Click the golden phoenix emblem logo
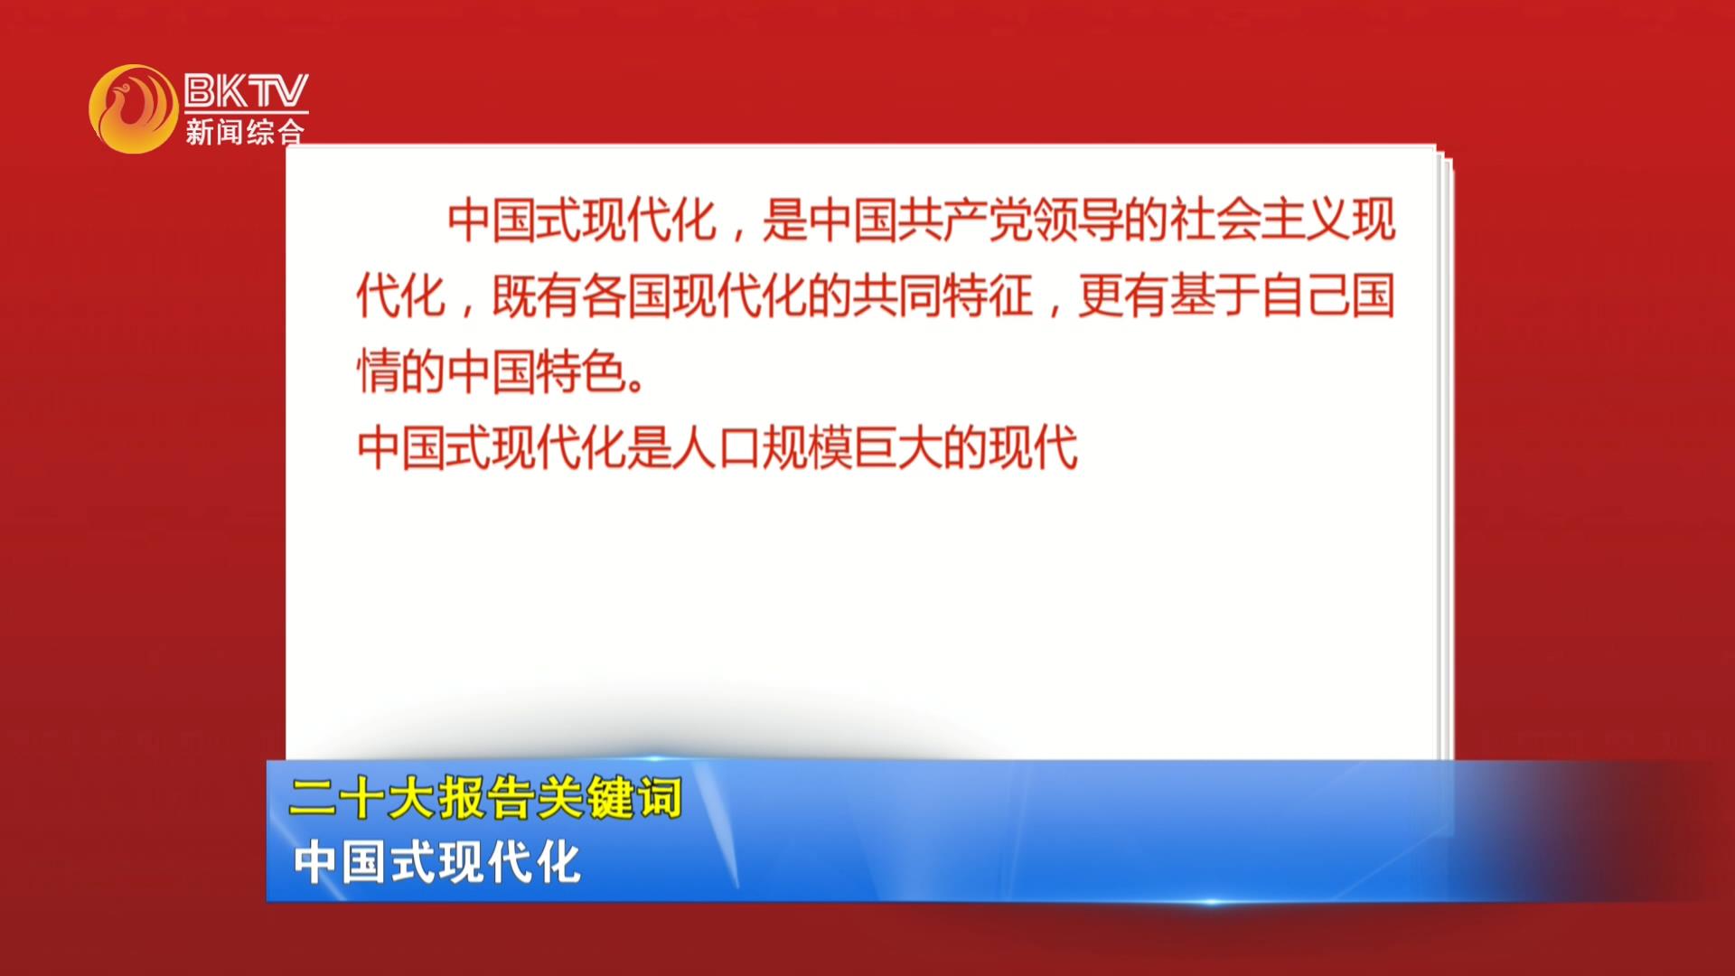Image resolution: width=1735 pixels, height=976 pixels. tap(134, 108)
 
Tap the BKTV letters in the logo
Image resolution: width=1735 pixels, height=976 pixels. tap(246, 91)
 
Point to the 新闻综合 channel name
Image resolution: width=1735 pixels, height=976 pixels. tap(245, 132)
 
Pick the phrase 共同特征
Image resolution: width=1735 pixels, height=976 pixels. tap(943, 296)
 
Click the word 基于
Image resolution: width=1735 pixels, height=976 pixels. tap(1214, 296)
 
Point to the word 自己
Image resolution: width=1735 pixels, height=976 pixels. tap(1305, 296)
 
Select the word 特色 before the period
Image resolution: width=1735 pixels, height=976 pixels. tap(582, 371)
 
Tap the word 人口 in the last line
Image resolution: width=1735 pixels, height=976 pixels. tap(717, 447)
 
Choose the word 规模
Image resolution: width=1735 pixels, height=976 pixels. tap(808, 447)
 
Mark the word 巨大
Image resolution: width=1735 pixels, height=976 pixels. tap(898, 447)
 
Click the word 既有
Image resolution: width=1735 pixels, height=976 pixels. tap(537, 296)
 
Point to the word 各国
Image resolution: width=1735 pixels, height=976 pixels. tap(627, 296)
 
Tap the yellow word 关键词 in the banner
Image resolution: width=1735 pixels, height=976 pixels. tap(609, 798)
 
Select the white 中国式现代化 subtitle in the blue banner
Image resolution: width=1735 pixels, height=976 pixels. tap(436, 862)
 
